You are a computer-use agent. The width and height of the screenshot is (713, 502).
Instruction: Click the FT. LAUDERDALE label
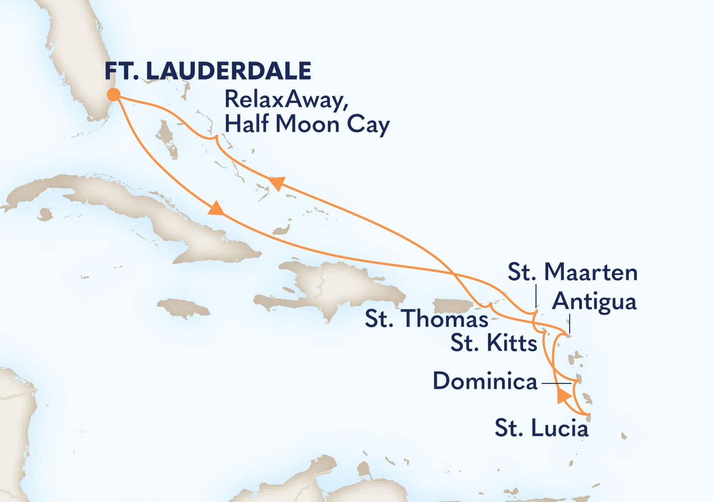coord(208,71)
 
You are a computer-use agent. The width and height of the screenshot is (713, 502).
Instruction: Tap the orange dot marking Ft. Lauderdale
coord(114,95)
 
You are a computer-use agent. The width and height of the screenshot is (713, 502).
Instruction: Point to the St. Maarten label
coord(572,273)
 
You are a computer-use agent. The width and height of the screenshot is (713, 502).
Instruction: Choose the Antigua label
coord(594,301)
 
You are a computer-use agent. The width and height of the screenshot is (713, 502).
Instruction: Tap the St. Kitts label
coord(493,343)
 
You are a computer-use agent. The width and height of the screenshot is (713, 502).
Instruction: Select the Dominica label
coord(485,382)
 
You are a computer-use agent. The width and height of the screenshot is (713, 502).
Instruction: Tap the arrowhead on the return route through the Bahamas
coord(277,183)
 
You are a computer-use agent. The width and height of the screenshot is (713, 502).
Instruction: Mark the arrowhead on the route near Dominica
coord(564,397)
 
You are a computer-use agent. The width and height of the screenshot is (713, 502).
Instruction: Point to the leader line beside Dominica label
coord(556,383)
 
